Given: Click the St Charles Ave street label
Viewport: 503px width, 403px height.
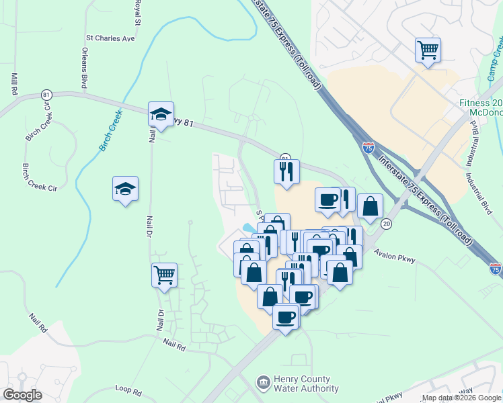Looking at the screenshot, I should pyautogui.click(x=110, y=38).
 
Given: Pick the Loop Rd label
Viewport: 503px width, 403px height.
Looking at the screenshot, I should pyautogui.click(x=128, y=390).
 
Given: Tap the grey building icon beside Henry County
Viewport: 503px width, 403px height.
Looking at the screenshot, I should pyautogui.click(x=262, y=383).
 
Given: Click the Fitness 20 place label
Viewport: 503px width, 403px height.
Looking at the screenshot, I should pyautogui.click(x=481, y=103).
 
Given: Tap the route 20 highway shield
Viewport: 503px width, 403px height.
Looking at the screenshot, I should pyautogui.click(x=386, y=223).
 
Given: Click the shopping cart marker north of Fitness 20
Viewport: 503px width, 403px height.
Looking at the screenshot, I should pyautogui.click(x=428, y=50).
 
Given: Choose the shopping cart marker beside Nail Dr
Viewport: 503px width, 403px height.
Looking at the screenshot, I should pyautogui.click(x=165, y=275).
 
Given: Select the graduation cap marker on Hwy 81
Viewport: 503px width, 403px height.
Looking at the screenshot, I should pyautogui.click(x=161, y=114).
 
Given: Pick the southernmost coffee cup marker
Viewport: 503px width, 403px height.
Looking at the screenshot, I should pyautogui.click(x=286, y=316).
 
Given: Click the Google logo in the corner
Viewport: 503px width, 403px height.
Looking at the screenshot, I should pyautogui.click(x=22, y=395).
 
